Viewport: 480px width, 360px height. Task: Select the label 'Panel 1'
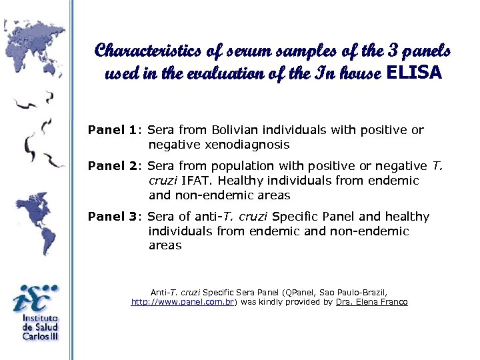click(x=115, y=130)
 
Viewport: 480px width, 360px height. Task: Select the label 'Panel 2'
click(x=115, y=166)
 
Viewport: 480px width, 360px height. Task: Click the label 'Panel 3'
click(x=115, y=217)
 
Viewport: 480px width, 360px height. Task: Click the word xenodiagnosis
click(x=247, y=145)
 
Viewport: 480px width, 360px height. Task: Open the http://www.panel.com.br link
click(x=183, y=302)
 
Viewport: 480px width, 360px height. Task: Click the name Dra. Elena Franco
click(x=372, y=302)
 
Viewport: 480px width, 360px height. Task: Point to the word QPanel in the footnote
click(x=301, y=292)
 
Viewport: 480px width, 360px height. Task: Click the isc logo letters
click(x=35, y=299)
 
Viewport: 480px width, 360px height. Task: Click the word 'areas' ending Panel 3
click(x=165, y=246)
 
